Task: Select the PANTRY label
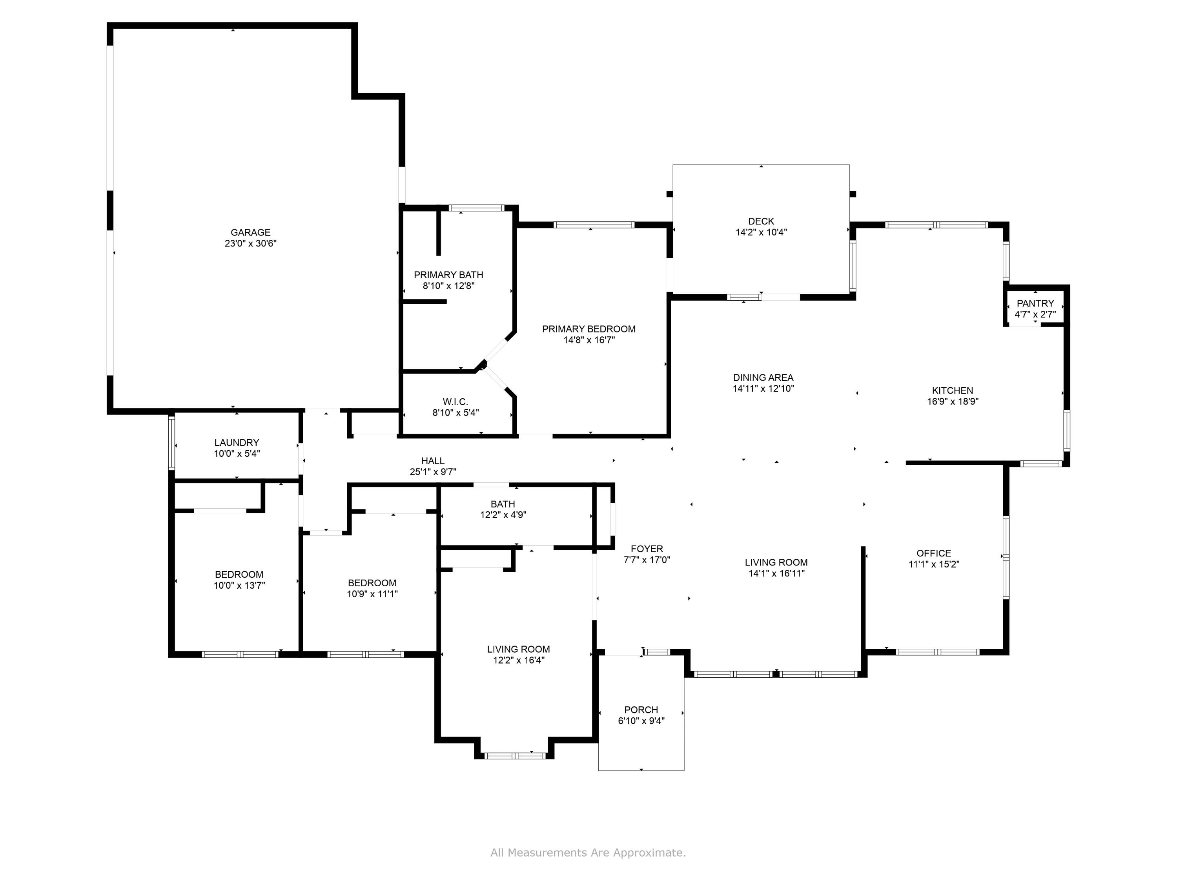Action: tap(1035, 303)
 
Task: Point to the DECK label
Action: tap(761, 221)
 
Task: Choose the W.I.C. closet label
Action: tap(455, 401)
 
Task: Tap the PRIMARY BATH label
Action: tap(448, 275)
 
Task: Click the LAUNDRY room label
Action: tap(237, 442)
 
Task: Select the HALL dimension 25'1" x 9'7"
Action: tap(433, 472)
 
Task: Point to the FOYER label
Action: tap(647, 549)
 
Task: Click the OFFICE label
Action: tap(933, 553)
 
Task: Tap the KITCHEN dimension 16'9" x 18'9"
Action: tap(953, 402)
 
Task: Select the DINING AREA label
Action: tap(763, 378)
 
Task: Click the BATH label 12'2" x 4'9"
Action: tap(503, 504)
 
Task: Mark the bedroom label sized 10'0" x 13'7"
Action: tap(239, 574)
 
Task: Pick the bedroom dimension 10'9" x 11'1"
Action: tap(372, 594)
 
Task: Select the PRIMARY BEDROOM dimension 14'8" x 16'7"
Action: tap(589, 340)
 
